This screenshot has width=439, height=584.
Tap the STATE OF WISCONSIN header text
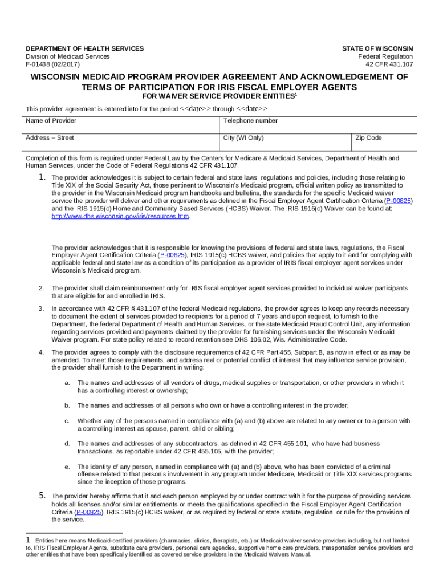[x=377, y=49]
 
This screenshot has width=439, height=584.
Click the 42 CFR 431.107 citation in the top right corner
[x=389, y=64]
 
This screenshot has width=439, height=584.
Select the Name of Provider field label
[x=51, y=121]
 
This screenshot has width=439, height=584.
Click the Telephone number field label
[x=250, y=121]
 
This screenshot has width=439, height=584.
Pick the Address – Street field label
[x=50, y=138]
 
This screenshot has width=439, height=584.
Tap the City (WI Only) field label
[x=243, y=138]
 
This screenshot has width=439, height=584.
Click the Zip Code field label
[x=369, y=138]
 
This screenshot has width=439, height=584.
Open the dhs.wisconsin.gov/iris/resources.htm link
[x=120, y=217]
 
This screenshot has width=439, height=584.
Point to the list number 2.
[x=41, y=289]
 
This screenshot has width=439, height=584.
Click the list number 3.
[x=41, y=309]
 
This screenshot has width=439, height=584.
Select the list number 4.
[x=41, y=352]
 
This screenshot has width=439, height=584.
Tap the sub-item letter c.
[x=67, y=421]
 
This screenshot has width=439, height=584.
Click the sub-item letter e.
[x=67, y=467]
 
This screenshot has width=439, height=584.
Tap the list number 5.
[x=42, y=496]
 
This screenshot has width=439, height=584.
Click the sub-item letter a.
[x=67, y=383]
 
